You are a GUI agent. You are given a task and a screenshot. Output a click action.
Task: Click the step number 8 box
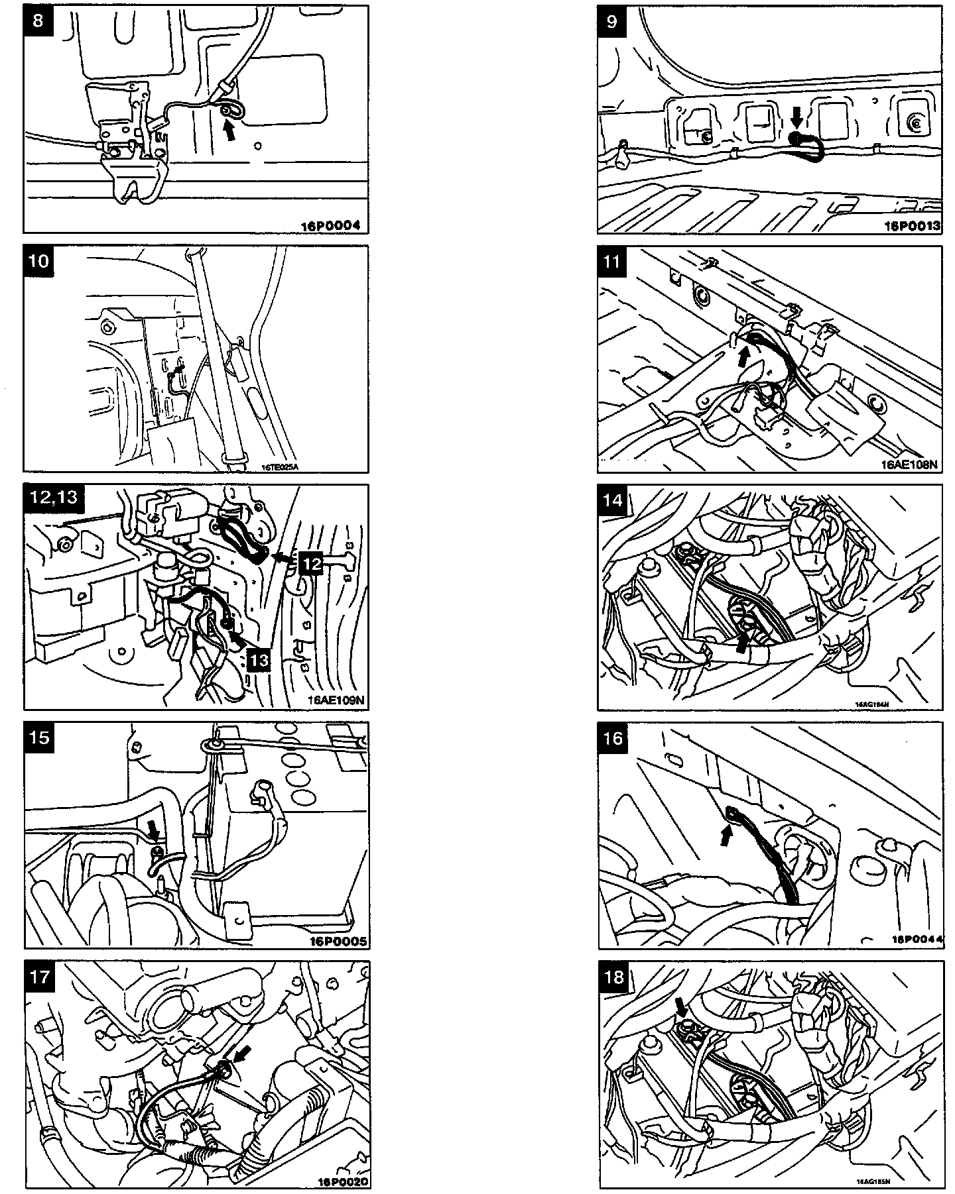pos(38,21)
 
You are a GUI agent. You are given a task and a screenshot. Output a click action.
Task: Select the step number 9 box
pos(612,21)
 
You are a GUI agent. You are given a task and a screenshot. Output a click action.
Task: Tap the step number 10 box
pos(39,260)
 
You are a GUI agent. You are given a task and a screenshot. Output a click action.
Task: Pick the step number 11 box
pos(612,261)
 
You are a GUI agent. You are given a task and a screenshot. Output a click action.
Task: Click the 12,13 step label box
pos(54,498)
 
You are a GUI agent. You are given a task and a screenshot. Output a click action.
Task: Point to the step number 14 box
pos(613,499)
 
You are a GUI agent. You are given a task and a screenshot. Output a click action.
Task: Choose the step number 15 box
pos(40,737)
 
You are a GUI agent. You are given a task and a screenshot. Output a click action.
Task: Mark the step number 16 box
pos(613,737)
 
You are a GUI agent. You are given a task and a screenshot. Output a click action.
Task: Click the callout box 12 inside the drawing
pos(312,563)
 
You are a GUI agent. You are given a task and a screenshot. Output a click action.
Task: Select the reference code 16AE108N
pos(909,464)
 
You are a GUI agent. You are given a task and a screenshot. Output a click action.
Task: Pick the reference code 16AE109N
pos(336,700)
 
